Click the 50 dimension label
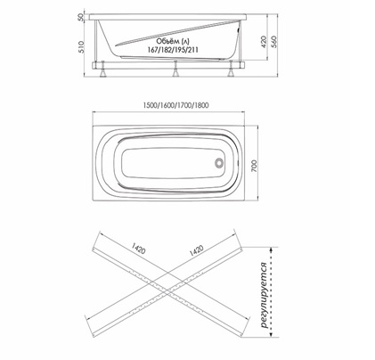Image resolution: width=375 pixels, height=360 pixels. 80,18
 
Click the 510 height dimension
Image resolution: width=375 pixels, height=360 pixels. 80,46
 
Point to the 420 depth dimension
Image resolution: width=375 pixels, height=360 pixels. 264,42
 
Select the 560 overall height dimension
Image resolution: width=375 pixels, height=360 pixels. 273,42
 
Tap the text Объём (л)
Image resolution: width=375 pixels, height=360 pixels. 173,42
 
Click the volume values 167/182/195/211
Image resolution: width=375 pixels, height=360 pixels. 173,50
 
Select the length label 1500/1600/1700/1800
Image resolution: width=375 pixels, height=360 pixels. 175,105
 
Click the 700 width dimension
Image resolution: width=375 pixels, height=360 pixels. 255,166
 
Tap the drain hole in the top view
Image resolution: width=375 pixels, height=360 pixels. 219,163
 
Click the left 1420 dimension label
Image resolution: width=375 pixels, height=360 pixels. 139,249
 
